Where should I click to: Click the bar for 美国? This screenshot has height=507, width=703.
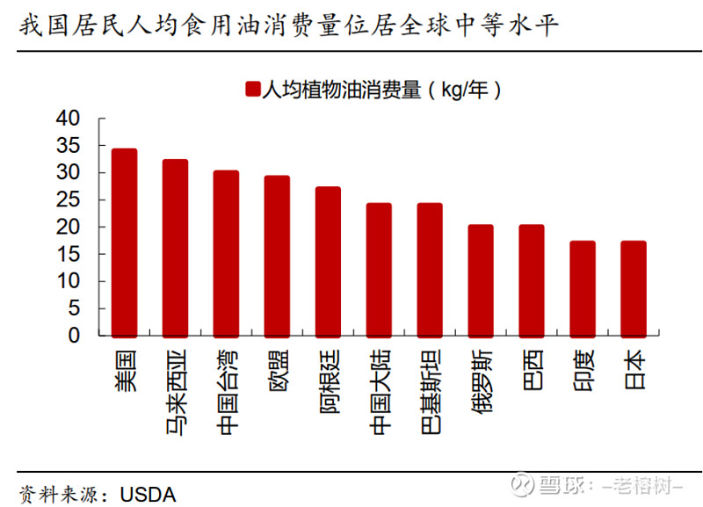point(124,243)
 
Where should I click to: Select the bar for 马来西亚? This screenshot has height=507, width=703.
point(175,248)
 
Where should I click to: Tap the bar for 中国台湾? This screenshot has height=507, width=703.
point(226,253)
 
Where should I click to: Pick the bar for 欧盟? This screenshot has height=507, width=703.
point(277,256)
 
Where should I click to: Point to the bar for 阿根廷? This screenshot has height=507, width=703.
point(328,261)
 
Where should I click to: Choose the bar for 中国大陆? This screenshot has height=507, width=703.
point(379,270)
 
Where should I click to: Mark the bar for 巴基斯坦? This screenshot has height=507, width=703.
point(430,270)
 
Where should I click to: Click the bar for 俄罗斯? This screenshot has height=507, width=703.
point(481,280)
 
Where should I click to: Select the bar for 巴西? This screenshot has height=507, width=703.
point(532,280)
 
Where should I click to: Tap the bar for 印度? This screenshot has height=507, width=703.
point(583,288)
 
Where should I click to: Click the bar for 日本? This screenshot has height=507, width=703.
point(634,288)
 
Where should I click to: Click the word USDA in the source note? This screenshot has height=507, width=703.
point(147,494)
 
